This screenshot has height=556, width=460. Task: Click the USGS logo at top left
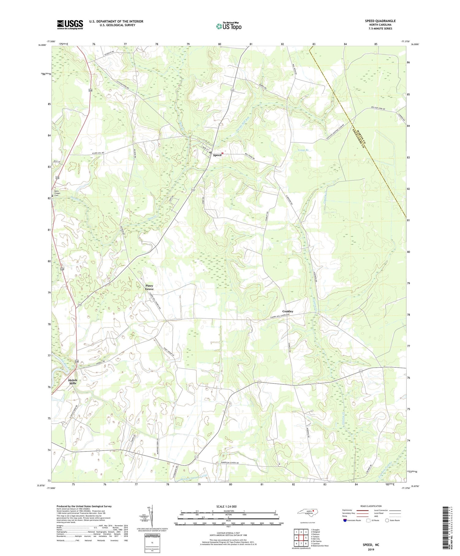click(70, 25)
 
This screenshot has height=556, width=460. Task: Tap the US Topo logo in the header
click(228, 26)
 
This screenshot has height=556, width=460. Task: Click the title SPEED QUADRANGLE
click(380, 21)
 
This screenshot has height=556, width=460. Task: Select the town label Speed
click(217, 155)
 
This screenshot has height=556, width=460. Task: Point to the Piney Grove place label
click(149, 287)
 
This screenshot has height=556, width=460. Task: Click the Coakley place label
click(288, 311)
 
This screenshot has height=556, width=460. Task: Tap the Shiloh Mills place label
click(73, 382)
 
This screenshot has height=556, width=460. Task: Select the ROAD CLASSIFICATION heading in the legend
click(371, 506)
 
